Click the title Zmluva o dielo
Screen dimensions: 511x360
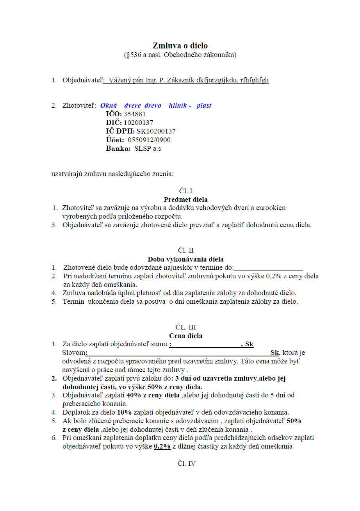pyautogui.click(x=180, y=46)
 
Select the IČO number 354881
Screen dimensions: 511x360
pyautogui.click(x=134, y=114)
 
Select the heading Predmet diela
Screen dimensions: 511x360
pyautogui.click(x=185, y=199)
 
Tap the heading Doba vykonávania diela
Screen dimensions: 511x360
pyautogui.click(x=185, y=259)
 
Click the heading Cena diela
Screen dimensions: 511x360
pyautogui.click(x=185, y=335)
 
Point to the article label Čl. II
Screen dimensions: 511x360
pyautogui.click(x=186, y=250)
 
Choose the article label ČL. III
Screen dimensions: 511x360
pyautogui.click(x=186, y=327)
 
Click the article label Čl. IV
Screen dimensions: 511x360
pyautogui.click(x=186, y=463)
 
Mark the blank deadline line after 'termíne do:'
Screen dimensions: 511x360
pyautogui.click(x=268, y=268)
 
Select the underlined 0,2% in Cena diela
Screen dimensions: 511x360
pyautogui.click(x=162, y=446)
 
